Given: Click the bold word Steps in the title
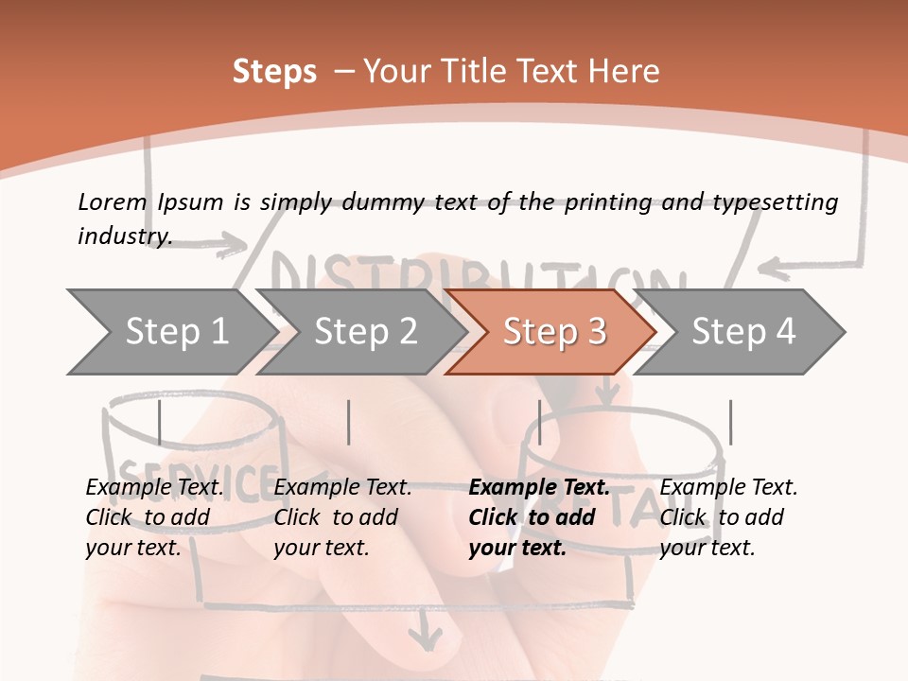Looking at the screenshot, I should tap(274, 72).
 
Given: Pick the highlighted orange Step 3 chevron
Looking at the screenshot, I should tap(554, 331).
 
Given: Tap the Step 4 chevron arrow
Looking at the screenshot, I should tap(743, 331).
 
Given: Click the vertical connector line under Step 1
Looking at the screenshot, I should tap(160, 422).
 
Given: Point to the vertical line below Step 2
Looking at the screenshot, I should tap(349, 422).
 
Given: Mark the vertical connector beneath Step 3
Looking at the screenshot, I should tap(539, 422).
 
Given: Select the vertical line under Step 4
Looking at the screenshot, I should tap(730, 422).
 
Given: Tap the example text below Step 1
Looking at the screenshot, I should tap(154, 517).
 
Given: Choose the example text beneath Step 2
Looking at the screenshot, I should tap(342, 517).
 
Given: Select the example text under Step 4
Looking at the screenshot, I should tap(728, 517).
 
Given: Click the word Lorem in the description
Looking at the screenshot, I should tap(113, 201).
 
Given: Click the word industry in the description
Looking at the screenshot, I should tap(124, 236).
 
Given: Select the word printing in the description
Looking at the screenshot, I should tap(607, 202).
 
